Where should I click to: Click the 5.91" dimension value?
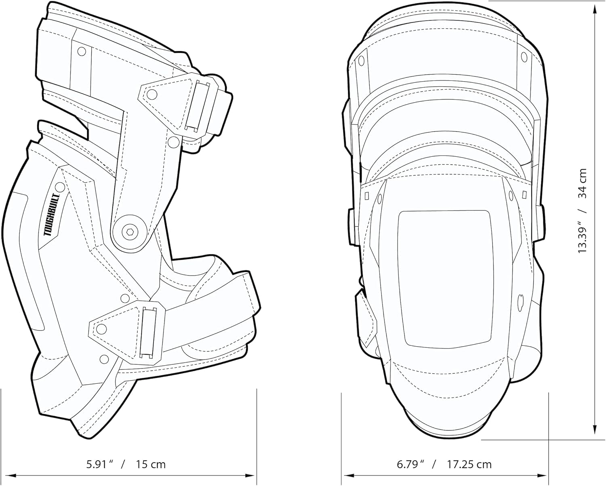99,464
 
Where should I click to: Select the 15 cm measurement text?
151,464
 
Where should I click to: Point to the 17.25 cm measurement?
469,464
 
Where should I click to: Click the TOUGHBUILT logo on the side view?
52,214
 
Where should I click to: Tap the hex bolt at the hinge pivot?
130,232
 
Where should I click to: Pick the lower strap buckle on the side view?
149,332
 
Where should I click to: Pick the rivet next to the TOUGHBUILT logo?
60,187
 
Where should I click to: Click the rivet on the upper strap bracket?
152,95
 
